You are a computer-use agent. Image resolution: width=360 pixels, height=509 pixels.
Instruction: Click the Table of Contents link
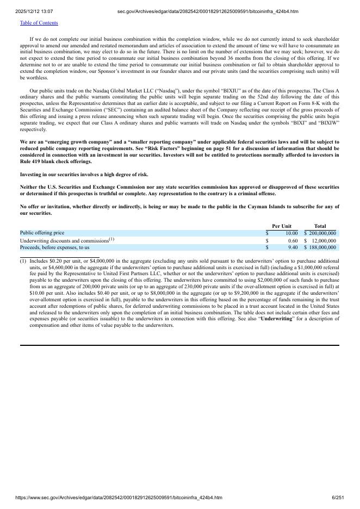(x=39, y=23)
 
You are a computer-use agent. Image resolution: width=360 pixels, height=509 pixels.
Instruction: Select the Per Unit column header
(x=282, y=226)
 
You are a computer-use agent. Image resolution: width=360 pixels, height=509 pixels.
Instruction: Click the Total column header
(x=320, y=226)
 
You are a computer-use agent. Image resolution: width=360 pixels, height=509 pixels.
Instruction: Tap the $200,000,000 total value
(x=322, y=233)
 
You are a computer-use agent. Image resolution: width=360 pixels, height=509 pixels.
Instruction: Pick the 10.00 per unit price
(x=291, y=233)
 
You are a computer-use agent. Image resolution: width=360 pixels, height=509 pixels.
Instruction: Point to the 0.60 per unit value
(x=293, y=240)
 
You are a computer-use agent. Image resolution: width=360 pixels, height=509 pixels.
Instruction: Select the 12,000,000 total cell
(x=324, y=240)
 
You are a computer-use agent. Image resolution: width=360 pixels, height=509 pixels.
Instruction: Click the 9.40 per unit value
(x=293, y=247)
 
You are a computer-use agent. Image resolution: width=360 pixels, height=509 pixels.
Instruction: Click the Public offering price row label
(x=42, y=233)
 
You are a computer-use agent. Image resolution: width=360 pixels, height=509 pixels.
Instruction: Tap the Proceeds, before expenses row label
(x=54, y=247)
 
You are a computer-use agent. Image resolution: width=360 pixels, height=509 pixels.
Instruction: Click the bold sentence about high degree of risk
(x=84, y=175)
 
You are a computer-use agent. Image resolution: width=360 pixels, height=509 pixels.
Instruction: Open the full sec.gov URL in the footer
(x=119, y=498)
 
